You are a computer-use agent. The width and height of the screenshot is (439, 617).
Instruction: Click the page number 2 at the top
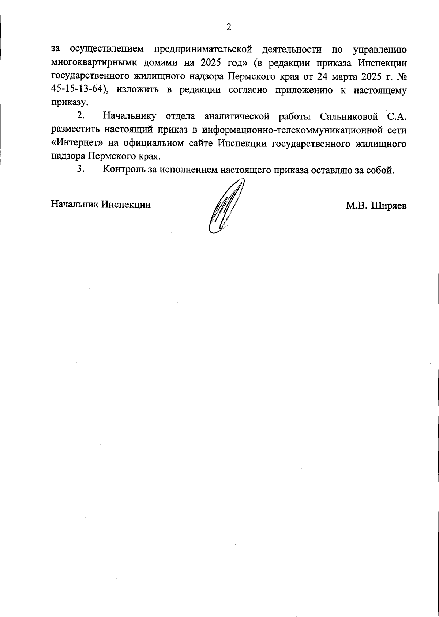pos(229,27)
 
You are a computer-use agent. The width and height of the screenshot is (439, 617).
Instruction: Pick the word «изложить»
pos(138,91)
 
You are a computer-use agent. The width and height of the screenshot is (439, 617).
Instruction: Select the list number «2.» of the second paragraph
pos(81,116)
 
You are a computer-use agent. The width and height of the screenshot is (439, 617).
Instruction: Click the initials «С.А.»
pos(397,116)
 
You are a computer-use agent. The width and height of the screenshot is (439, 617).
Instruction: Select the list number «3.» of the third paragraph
pos(81,170)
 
